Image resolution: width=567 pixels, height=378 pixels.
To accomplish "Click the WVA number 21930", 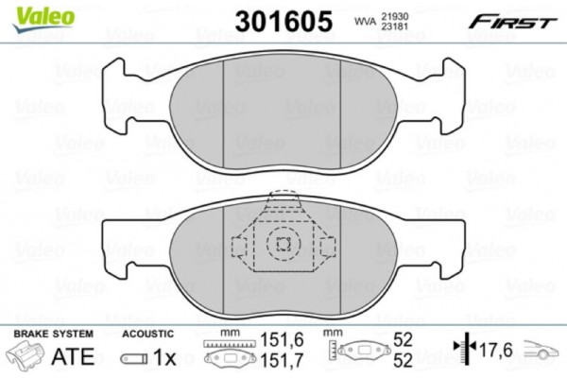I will click(394, 15).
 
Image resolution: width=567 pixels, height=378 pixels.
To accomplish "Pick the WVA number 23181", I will click(394, 27).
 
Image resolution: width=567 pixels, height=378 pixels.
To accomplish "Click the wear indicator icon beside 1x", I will click(133, 359).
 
